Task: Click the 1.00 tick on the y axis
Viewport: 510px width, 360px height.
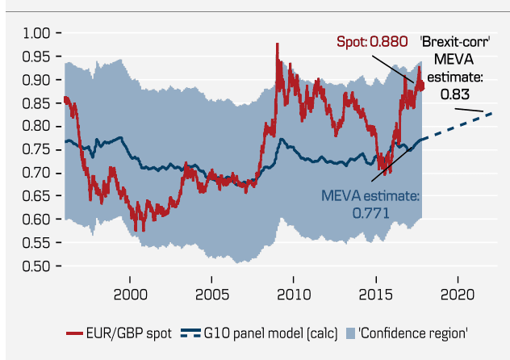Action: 36,33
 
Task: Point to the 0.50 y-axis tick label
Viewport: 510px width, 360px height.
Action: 36,266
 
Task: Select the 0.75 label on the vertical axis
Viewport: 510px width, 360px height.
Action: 36,149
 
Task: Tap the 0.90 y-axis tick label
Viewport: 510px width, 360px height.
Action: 36,80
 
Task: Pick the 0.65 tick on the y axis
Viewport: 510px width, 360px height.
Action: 36,196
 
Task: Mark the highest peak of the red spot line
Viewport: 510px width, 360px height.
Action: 277,44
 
